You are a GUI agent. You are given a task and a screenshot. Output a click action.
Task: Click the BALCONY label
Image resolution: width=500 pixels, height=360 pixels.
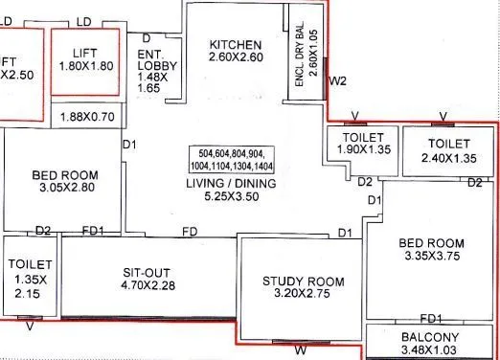pyautogui.click(x=432, y=338)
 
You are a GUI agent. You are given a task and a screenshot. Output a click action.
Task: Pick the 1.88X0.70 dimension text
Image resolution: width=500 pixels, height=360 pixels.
pyautogui.click(x=86, y=117)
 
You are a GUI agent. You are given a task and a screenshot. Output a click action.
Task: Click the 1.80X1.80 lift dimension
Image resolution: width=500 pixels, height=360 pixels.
pyautogui.click(x=86, y=67)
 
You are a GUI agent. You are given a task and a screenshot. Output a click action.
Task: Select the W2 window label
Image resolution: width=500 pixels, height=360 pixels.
pyautogui.click(x=337, y=81)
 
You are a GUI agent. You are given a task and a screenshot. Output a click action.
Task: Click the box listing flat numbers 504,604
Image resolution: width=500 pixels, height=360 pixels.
pyautogui.click(x=234, y=158)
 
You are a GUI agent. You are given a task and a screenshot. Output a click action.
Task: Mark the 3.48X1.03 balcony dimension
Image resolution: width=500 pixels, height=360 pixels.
pyautogui.click(x=432, y=352)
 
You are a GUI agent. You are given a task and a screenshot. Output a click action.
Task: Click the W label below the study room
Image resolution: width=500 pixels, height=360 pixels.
pyautogui.click(x=300, y=350)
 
